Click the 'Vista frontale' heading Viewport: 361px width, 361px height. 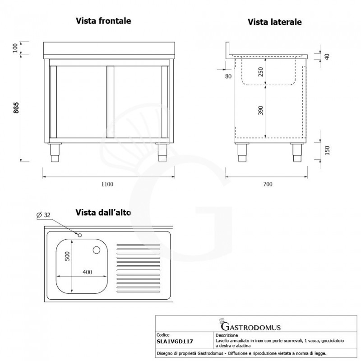[x=103, y=21]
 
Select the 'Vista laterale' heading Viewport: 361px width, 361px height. [x=274, y=22]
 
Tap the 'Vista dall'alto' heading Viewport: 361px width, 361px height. [x=103, y=212]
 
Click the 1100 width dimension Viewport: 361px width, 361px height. [x=107, y=184]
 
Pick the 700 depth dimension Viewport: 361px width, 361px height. [x=267, y=184]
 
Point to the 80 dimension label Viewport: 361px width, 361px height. [x=228, y=76]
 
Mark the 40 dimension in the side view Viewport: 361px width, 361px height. [x=327, y=56]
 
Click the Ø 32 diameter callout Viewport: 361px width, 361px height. [x=43, y=215]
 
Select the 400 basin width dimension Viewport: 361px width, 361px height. [x=87, y=272]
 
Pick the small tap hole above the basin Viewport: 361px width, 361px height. [x=79, y=235]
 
